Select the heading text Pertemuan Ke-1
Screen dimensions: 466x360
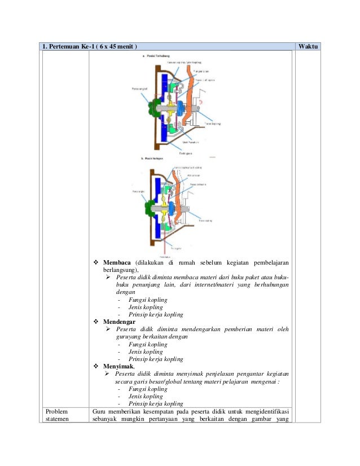tap(74, 46)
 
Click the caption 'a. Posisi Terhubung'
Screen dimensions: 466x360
tap(157, 56)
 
